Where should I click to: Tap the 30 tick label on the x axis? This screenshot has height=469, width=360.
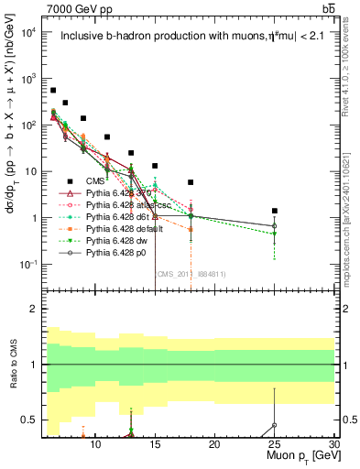click(333, 444)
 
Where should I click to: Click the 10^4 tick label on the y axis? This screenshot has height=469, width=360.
click(29, 32)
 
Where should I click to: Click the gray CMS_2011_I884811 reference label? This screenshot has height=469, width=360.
click(191, 273)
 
